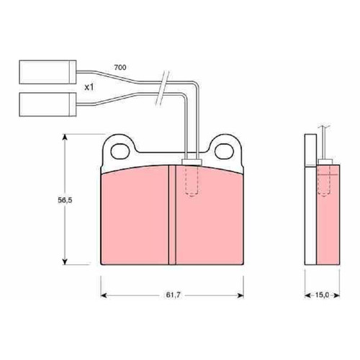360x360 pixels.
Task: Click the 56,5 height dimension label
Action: (x=65, y=200)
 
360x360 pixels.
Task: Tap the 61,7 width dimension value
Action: (x=173, y=295)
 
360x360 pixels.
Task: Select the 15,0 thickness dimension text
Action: (x=322, y=295)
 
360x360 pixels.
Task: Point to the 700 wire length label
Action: (x=120, y=68)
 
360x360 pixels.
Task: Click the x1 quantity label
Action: (x=89, y=88)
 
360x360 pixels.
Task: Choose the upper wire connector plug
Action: (x=48, y=72)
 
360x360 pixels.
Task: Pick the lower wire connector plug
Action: (x=48, y=104)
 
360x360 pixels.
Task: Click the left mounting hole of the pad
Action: (x=120, y=151)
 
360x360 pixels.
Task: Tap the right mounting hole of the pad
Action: (x=224, y=151)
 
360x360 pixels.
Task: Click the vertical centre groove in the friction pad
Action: (x=172, y=215)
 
